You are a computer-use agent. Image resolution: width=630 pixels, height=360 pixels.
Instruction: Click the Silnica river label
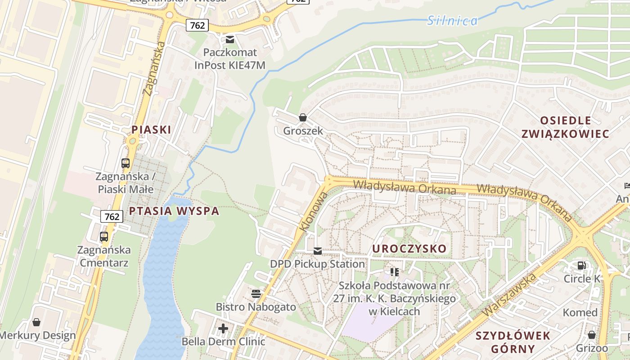pos(452,20)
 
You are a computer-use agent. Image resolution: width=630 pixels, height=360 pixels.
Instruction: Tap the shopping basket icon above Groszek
pos(303,117)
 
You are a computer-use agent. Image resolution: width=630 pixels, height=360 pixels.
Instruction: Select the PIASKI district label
pos(151,130)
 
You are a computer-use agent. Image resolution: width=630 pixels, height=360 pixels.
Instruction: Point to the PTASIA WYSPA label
pos(174,211)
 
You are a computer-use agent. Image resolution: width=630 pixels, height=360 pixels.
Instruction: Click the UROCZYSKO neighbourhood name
pos(409,248)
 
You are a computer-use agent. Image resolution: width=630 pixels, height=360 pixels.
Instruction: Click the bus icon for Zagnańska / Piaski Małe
pos(126,163)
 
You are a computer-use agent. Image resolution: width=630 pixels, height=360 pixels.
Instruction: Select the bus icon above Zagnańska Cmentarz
pos(104,236)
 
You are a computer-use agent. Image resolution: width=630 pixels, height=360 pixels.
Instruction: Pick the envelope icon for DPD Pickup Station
pos(318,251)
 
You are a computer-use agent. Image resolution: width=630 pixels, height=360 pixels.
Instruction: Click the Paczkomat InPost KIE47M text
pos(230,59)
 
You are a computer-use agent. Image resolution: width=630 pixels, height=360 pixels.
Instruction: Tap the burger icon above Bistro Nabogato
pos(256,294)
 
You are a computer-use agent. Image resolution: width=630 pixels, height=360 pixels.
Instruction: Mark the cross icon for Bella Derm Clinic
pos(223,328)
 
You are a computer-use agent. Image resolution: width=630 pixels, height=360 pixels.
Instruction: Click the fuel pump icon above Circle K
pos(582,265)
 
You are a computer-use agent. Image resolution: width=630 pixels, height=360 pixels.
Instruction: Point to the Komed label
pos(580,312)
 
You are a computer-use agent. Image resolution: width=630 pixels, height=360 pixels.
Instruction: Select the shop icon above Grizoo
pos(592,335)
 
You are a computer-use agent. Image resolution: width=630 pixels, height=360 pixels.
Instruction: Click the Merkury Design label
pos(37,335)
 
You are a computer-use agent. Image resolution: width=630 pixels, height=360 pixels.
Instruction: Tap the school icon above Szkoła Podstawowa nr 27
pos(395,272)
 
